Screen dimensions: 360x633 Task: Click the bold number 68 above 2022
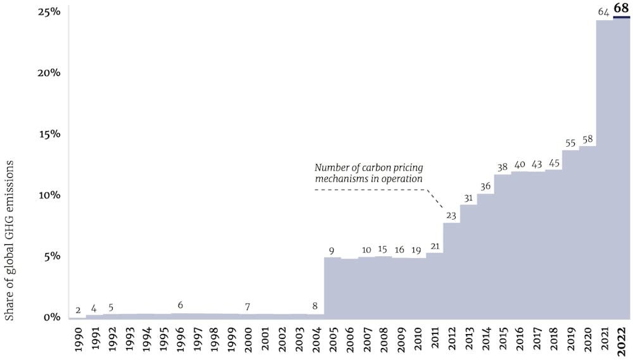click(621, 8)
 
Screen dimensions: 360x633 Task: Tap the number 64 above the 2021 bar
click(604, 11)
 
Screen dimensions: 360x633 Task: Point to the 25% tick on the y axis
click(47, 11)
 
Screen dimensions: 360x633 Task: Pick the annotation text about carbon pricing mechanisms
click(369, 173)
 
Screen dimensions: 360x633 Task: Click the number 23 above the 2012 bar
click(451, 215)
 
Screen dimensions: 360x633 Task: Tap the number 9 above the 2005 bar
click(331, 251)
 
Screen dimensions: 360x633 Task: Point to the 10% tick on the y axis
click(47, 195)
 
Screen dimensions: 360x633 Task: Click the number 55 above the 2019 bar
click(570, 143)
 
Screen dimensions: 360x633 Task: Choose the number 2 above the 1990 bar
click(78, 310)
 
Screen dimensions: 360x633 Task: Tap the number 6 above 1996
click(180, 306)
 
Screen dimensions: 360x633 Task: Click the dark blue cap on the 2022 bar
click(622, 18)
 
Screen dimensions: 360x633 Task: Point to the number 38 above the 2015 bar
click(503, 168)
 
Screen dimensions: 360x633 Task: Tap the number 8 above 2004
click(315, 307)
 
